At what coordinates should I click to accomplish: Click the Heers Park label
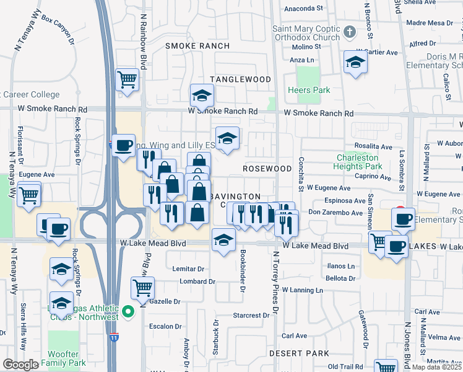pos(309,90)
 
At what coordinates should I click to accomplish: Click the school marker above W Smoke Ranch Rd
pos(202,95)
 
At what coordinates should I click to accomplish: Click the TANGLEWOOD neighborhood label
pos(240,79)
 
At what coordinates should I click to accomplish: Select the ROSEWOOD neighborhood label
pos(267,169)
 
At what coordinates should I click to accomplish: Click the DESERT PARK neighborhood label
pos(291,353)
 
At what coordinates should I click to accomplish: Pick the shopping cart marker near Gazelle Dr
pos(142,288)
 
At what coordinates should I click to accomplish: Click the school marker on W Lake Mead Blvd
pos(223,240)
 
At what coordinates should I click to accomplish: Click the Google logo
pos(20,364)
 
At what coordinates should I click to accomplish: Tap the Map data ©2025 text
pos(437,367)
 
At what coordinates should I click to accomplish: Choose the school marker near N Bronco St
pos(355,62)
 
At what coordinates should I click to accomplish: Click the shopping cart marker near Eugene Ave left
pos(29,196)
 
